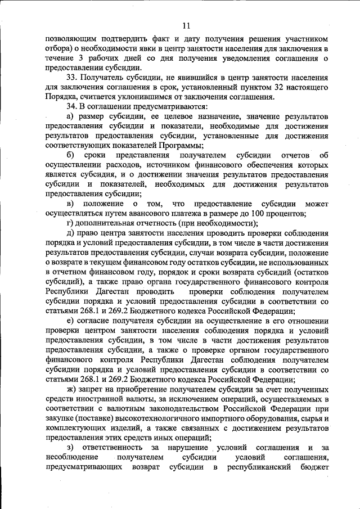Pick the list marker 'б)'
coord(70,155)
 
